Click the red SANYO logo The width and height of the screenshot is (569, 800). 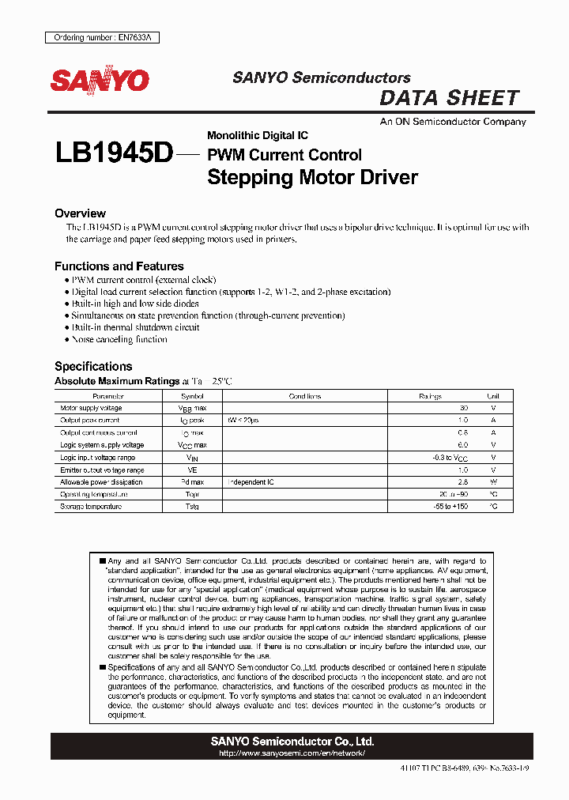pyautogui.click(x=100, y=80)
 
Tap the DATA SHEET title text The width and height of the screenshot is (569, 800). pyautogui.click(x=449, y=99)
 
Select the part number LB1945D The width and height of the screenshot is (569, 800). pyautogui.click(x=113, y=153)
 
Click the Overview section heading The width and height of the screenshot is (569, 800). pyautogui.click(x=80, y=213)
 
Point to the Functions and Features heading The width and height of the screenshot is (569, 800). pyautogui.click(x=119, y=266)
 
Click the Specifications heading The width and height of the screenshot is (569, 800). pyautogui.click(x=92, y=366)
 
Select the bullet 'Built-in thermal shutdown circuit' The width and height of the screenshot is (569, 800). pyautogui.click(x=135, y=327)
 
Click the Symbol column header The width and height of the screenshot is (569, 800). pyautogui.click(x=192, y=396)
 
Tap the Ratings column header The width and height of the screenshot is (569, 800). pyautogui.click(x=430, y=396)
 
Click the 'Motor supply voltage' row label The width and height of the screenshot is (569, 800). pyautogui.click(x=91, y=408)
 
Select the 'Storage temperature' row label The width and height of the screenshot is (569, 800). pyautogui.click(x=91, y=507)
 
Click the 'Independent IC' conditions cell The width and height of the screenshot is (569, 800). pyautogui.click(x=251, y=482)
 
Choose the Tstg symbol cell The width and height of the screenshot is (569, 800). pyautogui.click(x=192, y=507)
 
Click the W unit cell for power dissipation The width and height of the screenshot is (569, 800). pyautogui.click(x=493, y=482)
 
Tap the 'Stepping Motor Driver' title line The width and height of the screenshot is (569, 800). pyautogui.click(x=312, y=177)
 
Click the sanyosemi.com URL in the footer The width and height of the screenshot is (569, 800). pyautogui.click(x=292, y=754)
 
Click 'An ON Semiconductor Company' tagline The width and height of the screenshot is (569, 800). pyautogui.click(x=453, y=122)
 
